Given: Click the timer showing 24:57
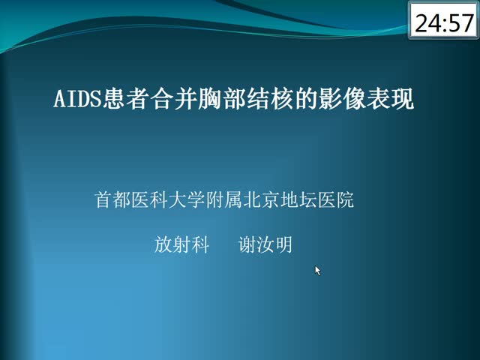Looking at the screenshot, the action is pos(443,20).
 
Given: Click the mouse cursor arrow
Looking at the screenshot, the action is pos(318,271).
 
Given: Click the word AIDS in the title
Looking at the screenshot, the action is pos(77,99).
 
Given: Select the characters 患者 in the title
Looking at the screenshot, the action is pos(126,99).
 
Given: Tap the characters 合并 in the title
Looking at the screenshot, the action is pos(174,99).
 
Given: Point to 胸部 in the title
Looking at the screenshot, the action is pos(222,99).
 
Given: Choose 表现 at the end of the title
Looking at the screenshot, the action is pos(390,99).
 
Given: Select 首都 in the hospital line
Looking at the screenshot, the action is pos(112,200).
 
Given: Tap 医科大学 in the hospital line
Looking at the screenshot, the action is pos(168,200).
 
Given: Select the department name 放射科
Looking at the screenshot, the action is pos(181,244).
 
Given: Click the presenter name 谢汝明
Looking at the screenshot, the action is pos(265,244).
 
